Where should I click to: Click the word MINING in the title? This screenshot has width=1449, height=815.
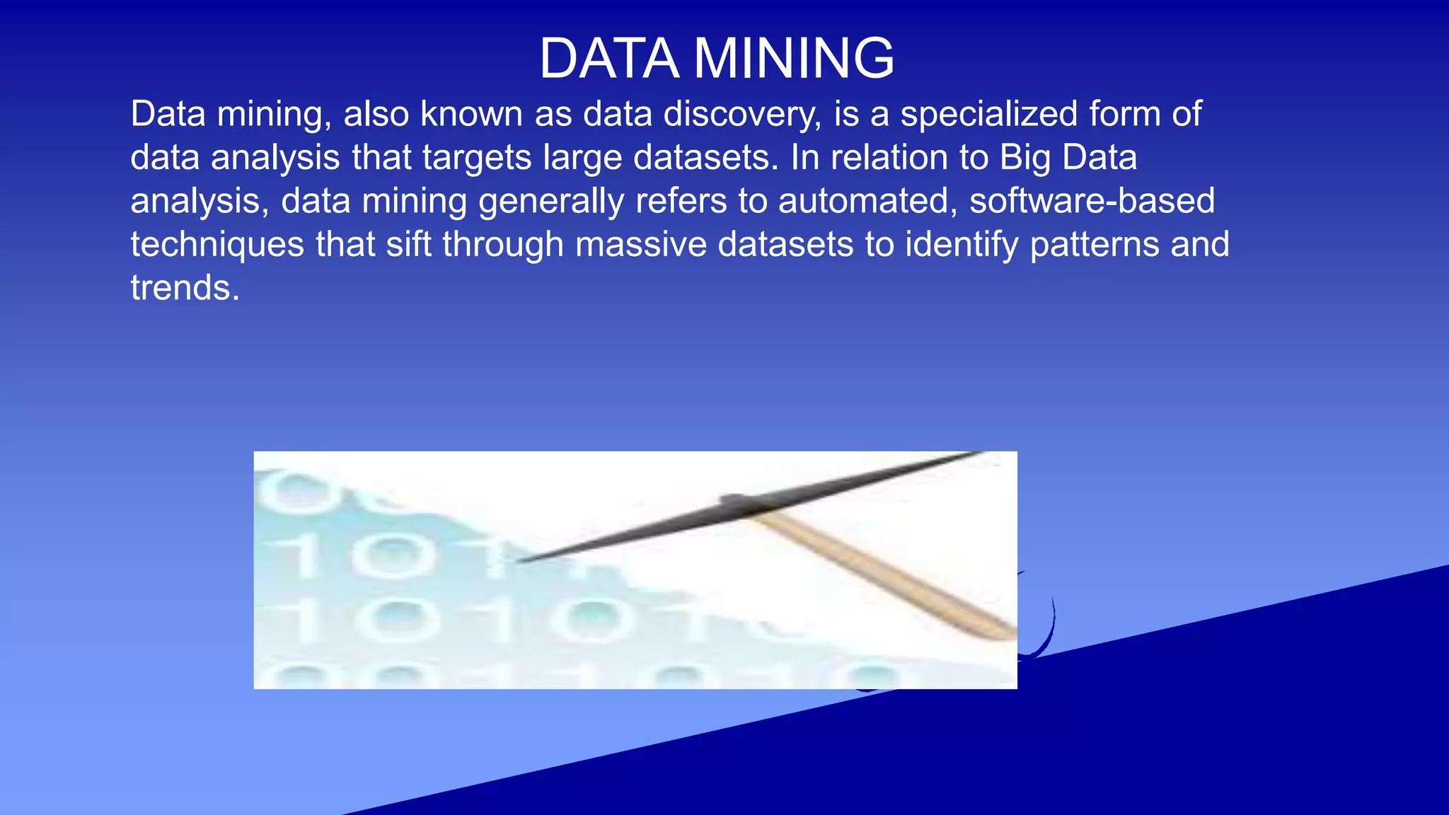coord(794,59)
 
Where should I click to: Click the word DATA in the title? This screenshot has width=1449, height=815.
coord(609,59)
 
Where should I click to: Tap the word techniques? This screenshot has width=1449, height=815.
coord(217,245)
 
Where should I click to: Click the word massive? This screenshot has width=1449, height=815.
coord(640,245)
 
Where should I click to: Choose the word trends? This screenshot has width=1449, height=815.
coord(185,288)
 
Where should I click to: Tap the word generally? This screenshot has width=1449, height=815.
coord(551,202)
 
